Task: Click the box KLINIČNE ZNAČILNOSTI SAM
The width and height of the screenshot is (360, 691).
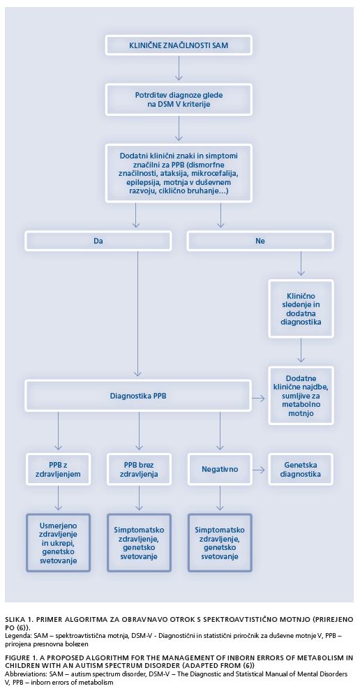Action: click(x=178, y=45)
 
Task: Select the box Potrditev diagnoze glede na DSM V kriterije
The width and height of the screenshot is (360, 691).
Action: click(x=178, y=100)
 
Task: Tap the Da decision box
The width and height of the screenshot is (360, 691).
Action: click(x=98, y=241)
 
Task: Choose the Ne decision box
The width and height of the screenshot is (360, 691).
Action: click(x=260, y=241)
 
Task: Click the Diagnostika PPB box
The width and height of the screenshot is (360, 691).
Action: click(x=138, y=395)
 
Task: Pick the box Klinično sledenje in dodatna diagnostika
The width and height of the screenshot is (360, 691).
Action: click(x=301, y=309)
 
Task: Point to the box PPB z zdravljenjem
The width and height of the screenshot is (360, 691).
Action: click(x=58, y=469)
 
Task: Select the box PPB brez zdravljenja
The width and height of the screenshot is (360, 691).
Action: click(x=140, y=469)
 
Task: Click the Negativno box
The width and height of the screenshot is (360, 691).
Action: click(x=220, y=469)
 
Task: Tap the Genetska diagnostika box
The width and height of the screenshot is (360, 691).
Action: click(x=301, y=469)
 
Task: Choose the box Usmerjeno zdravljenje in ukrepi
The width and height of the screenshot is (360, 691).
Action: click(x=58, y=542)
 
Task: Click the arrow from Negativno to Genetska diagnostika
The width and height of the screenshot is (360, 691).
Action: click(x=258, y=470)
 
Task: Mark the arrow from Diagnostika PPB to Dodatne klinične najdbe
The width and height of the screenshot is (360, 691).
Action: click(x=258, y=399)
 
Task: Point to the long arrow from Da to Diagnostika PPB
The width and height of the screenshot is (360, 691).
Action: click(x=138, y=314)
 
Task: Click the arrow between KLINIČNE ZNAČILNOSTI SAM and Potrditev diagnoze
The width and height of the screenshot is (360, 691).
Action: click(x=178, y=68)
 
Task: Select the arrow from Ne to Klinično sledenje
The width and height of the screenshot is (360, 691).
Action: click(x=301, y=264)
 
